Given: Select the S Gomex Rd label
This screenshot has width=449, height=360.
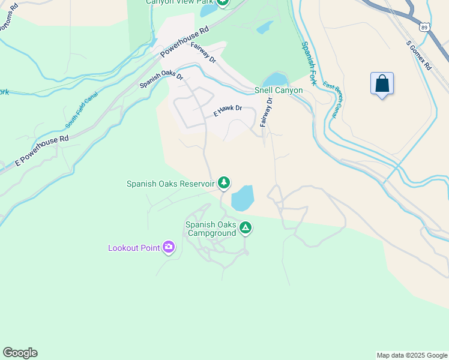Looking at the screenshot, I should [418, 56].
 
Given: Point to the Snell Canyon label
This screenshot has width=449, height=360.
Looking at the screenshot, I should [278, 90].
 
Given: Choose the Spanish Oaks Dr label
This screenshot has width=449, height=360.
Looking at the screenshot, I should [161, 81].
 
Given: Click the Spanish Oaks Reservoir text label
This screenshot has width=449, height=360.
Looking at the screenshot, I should [170, 184].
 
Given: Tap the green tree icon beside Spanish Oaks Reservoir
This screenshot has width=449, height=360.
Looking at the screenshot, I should [224, 182].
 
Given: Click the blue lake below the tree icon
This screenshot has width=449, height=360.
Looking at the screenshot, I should [243, 198].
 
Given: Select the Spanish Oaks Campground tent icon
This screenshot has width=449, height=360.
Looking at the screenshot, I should [245, 227].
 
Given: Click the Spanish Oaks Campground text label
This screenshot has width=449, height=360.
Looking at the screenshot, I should [211, 229].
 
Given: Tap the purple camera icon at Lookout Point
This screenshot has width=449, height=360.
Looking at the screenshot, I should [169, 247].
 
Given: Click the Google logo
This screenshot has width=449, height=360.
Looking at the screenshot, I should [20, 353].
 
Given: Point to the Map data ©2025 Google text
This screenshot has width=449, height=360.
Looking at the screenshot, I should [411, 355].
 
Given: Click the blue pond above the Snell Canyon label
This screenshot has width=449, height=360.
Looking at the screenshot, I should [276, 79].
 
